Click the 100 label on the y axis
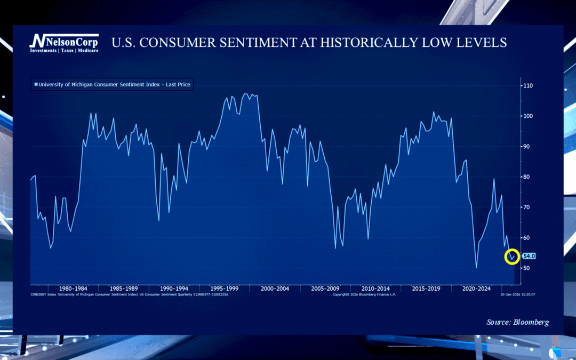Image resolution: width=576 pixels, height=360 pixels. tap(527, 116)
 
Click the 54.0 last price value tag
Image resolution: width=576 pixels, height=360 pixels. tap(529, 256)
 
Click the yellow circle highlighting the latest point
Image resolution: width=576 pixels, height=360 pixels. tap(511, 257)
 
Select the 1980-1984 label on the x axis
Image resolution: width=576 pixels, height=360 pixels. tap(74, 289)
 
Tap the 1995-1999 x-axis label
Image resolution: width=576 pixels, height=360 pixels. tap(224, 289)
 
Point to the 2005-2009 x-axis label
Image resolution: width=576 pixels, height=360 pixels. tap(325, 289)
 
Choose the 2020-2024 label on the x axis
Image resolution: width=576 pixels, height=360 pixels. tap(476, 289)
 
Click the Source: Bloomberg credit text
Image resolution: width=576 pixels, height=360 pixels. tap(517, 322)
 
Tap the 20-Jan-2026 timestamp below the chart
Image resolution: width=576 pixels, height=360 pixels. tap(517, 294)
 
